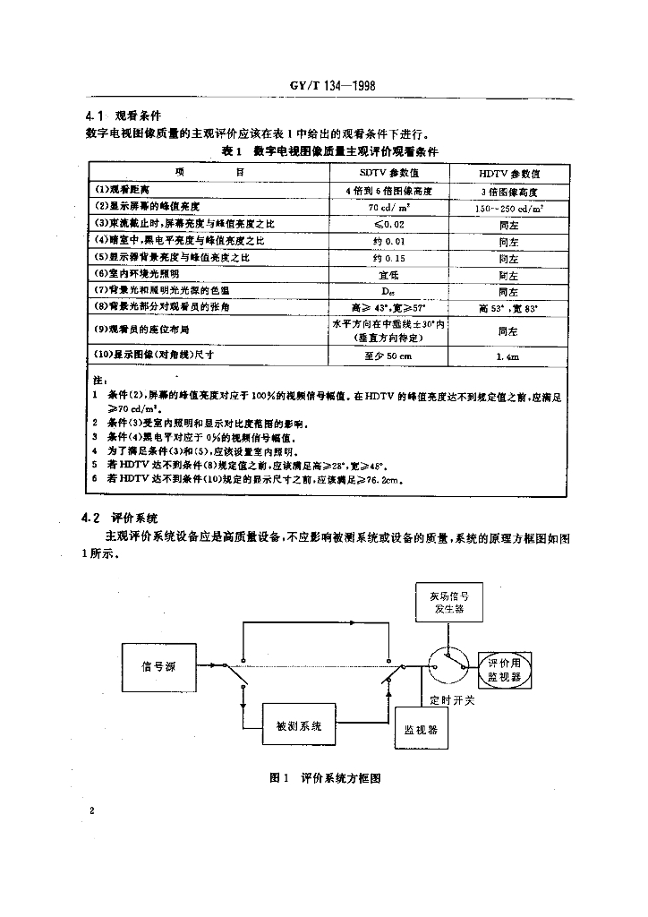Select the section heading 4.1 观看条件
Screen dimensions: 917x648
(123, 116)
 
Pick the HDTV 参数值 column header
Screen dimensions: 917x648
(508, 172)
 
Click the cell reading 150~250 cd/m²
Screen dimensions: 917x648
(508, 207)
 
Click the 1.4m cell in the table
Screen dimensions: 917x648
(508, 356)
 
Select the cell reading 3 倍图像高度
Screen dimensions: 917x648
(508, 191)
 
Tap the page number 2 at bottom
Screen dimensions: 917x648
(92, 810)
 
